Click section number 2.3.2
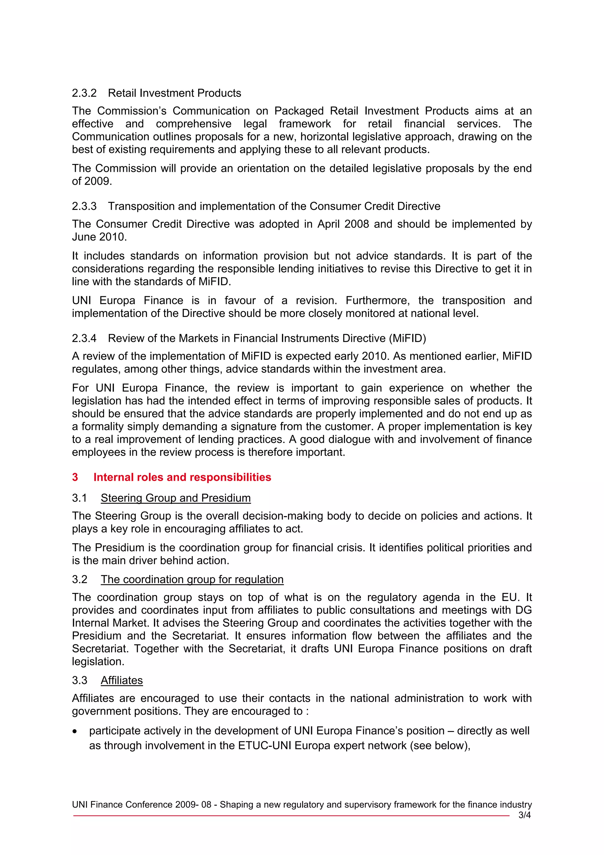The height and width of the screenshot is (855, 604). click(x=84, y=93)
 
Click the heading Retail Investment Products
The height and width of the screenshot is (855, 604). click(x=174, y=93)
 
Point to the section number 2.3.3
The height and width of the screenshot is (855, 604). click(x=84, y=206)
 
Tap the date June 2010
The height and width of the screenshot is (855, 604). click(x=99, y=237)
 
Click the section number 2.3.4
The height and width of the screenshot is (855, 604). click(x=84, y=338)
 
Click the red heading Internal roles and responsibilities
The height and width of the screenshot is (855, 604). click(x=182, y=478)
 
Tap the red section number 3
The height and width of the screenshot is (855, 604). click(x=75, y=478)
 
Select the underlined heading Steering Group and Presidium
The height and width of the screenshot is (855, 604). click(x=176, y=498)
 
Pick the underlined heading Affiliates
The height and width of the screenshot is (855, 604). click(x=122, y=680)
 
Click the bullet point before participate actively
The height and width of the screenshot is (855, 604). click(x=75, y=732)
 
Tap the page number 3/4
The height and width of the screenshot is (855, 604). click(x=524, y=815)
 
